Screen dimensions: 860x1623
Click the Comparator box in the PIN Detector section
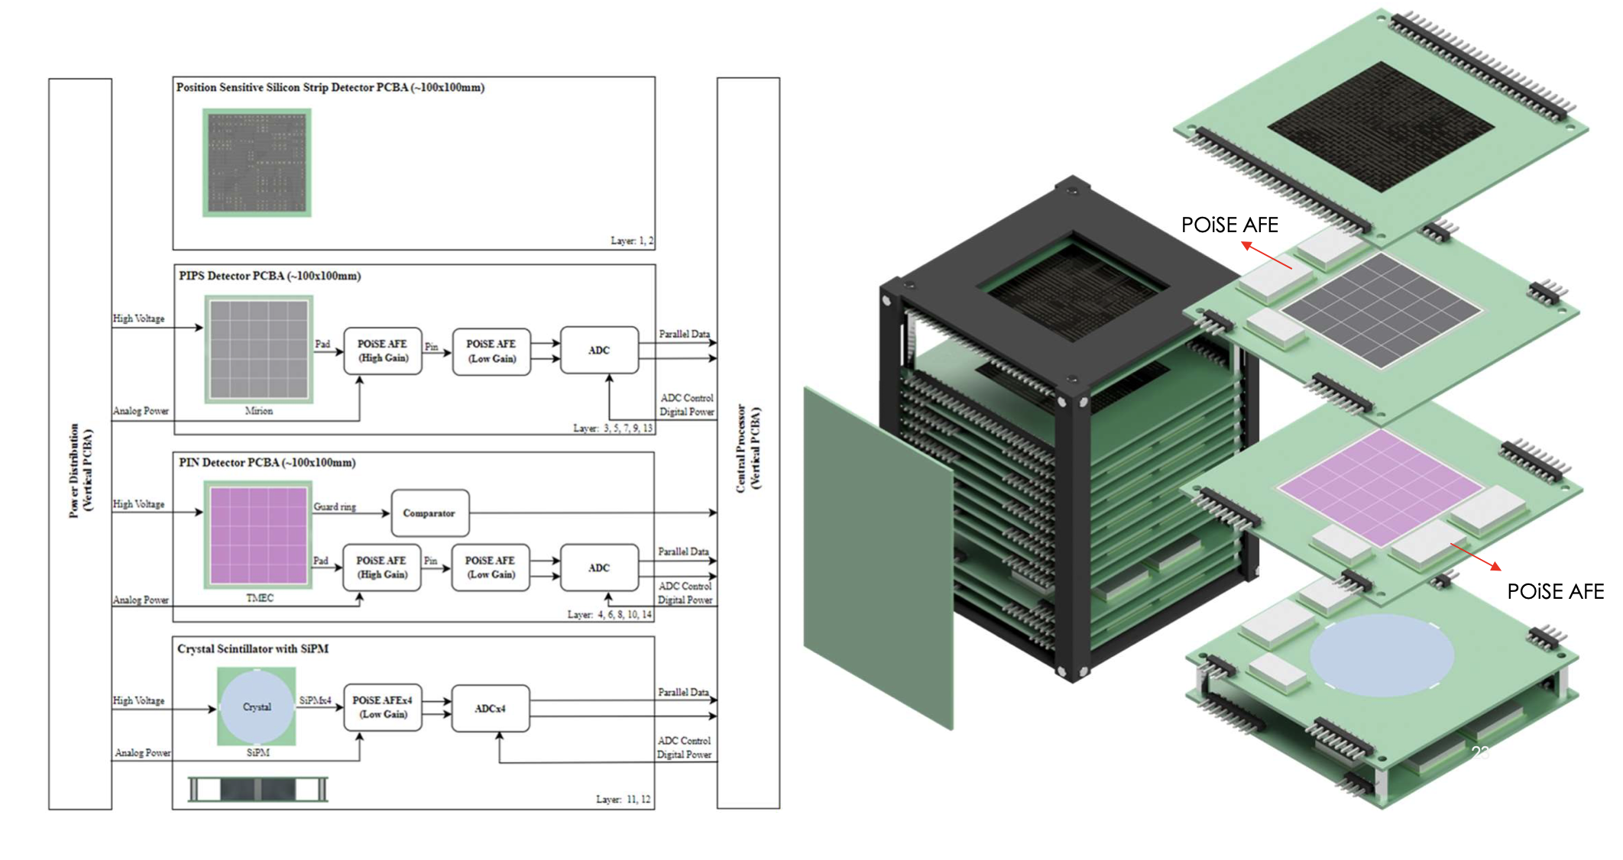pyautogui.click(x=429, y=513)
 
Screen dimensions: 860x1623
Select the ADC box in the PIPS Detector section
pyautogui.click(x=599, y=351)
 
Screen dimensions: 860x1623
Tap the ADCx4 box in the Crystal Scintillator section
pyautogui.click(x=490, y=709)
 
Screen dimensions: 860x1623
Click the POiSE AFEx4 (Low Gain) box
pyautogui.click(x=382, y=707)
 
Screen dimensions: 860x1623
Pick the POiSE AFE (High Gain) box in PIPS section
pyautogui.click(x=382, y=351)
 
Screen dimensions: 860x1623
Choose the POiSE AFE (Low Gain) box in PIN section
pyautogui.click(x=490, y=567)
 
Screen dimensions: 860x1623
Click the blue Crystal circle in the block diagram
pyautogui.click(x=257, y=707)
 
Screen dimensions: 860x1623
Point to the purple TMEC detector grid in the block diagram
pyautogui.click(x=258, y=535)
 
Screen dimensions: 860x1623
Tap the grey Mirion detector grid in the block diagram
pyautogui.click(x=259, y=349)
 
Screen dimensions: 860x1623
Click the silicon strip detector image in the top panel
pyautogui.click(x=257, y=162)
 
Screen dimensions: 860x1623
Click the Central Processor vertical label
pyautogui.click(x=748, y=449)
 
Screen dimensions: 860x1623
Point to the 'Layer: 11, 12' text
pyautogui.click(x=623, y=800)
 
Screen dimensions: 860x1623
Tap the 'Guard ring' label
pyautogui.click(x=335, y=506)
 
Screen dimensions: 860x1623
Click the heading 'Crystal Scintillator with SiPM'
pyautogui.click(x=253, y=649)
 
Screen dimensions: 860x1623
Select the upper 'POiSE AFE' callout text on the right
pyautogui.click(x=1229, y=225)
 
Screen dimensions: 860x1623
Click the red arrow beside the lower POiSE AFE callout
pyautogui.click(x=1476, y=557)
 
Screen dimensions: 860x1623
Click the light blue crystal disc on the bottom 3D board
pyautogui.click(x=1382, y=655)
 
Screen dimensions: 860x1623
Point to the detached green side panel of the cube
pyautogui.click(x=879, y=558)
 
